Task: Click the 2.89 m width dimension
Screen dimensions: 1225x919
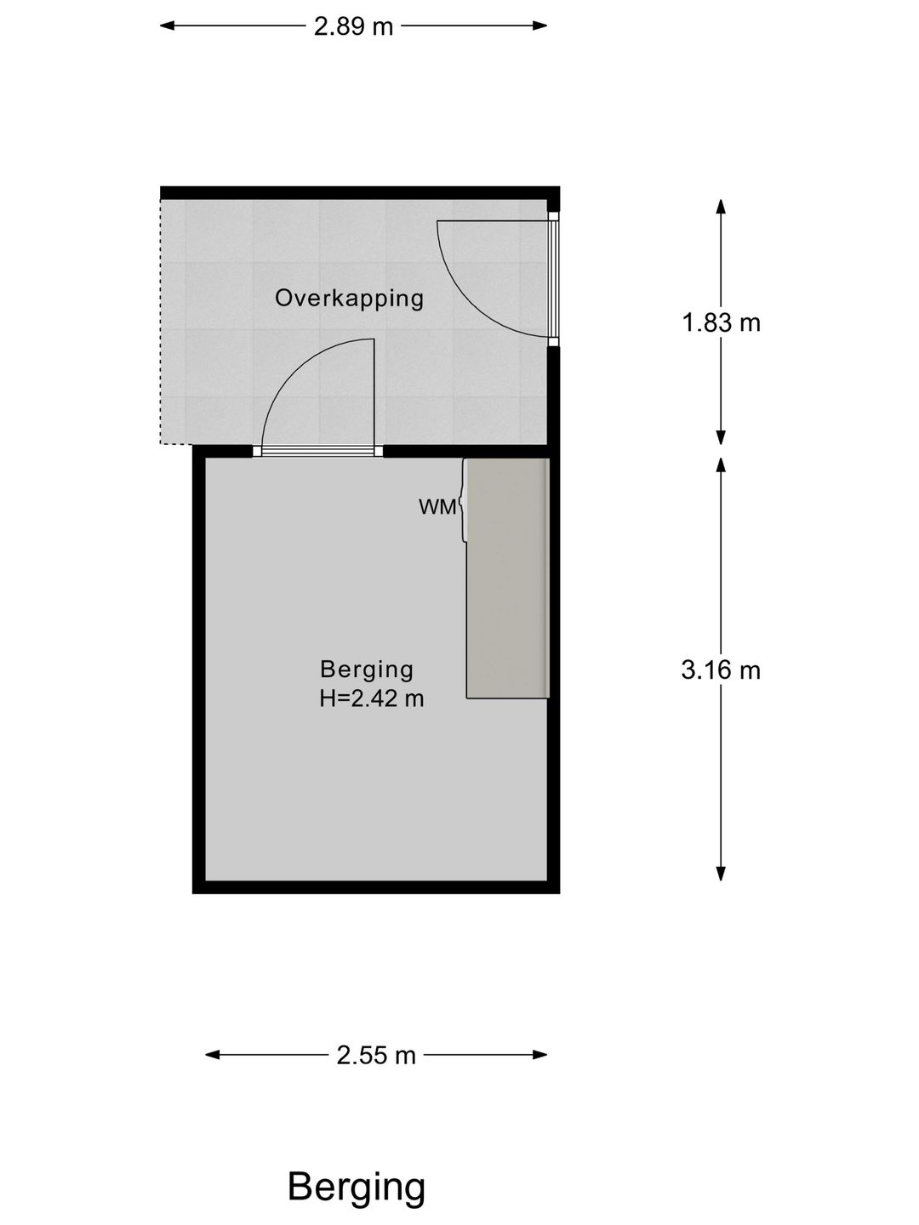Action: click(x=353, y=26)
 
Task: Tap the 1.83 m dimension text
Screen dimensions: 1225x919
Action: click(x=721, y=323)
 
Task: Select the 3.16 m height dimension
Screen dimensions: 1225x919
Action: click(x=720, y=670)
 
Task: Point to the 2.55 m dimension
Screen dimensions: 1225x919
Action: click(x=376, y=1056)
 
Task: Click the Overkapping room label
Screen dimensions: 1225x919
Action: click(x=349, y=299)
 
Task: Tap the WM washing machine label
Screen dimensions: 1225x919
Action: click(x=437, y=508)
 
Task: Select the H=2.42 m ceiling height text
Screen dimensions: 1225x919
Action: click(x=372, y=699)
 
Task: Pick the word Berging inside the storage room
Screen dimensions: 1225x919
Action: click(x=367, y=669)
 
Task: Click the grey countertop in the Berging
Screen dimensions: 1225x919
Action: click(x=507, y=578)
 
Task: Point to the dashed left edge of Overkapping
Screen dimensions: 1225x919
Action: click(x=161, y=323)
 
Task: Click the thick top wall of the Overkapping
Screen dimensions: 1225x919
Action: click(x=357, y=192)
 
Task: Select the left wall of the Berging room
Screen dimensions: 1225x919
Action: click(x=199, y=672)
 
